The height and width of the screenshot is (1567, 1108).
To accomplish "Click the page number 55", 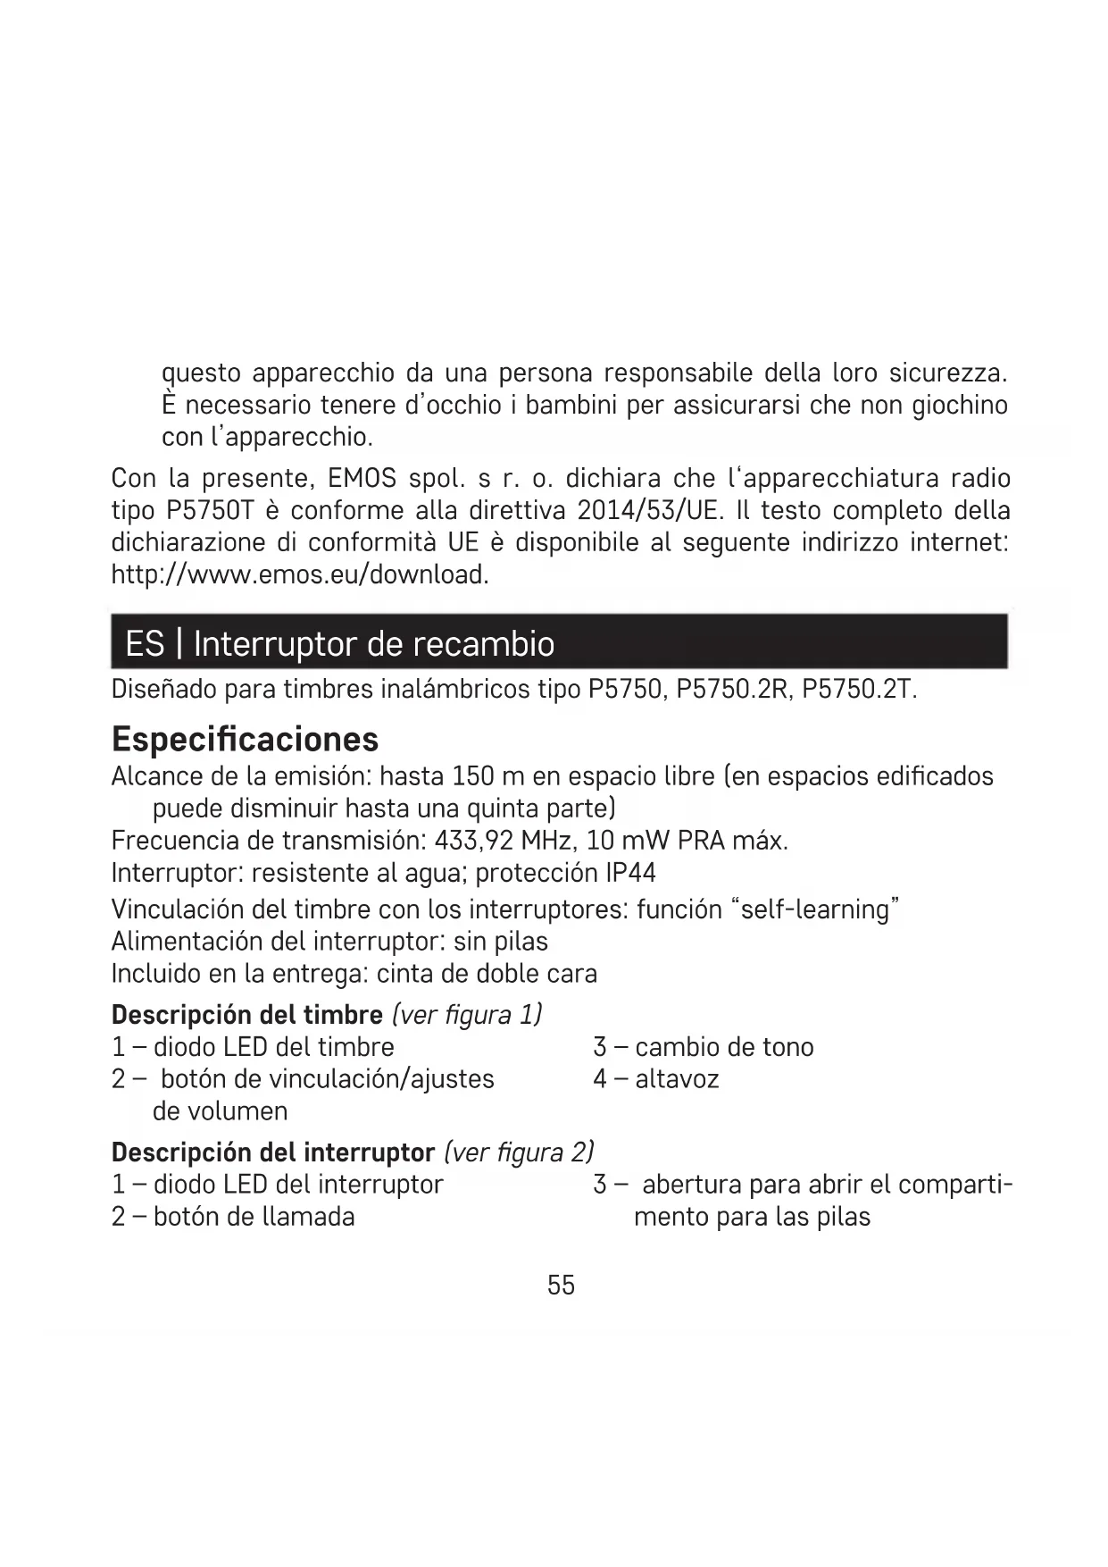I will click(561, 1286).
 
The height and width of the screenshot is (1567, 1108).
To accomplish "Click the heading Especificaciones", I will click(245, 740).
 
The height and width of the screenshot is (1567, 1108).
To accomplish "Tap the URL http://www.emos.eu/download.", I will click(300, 574).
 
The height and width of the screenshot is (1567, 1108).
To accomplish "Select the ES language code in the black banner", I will click(145, 643).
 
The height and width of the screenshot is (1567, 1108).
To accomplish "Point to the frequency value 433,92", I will click(473, 841).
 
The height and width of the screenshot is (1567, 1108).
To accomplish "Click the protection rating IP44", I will click(630, 873).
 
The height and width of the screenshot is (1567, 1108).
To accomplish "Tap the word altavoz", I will click(677, 1079).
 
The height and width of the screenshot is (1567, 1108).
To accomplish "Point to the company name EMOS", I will click(362, 479).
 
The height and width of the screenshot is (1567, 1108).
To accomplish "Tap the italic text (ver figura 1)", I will click(467, 1015).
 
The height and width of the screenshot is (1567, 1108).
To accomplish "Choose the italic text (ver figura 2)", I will click(519, 1152).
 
